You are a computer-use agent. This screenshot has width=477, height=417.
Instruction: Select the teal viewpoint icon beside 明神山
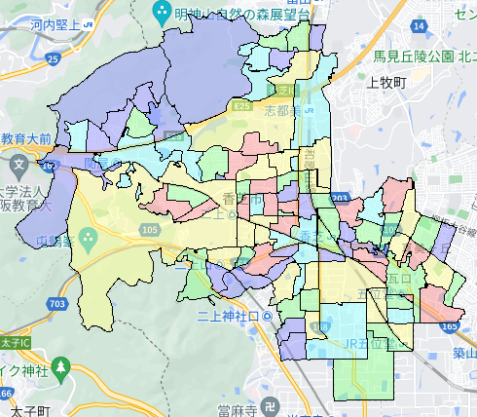point(161,13)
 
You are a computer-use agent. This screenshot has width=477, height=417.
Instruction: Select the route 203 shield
point(339,199)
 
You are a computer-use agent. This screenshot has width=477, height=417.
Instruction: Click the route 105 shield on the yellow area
point(150,228)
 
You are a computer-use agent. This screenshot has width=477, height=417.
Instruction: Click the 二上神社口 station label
point(230,318)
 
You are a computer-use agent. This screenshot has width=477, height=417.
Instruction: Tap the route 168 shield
point(52,167)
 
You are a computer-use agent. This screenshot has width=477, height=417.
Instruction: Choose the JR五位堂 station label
point(346,343)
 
